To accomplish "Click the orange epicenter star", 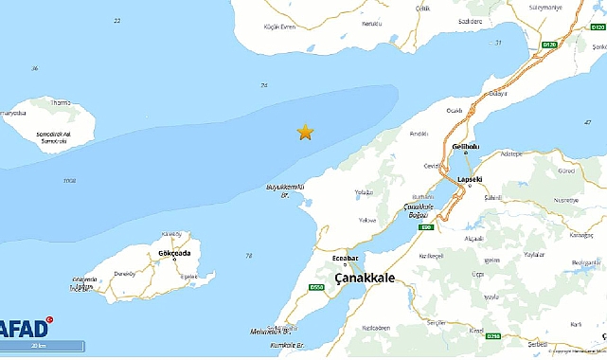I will (305, 132).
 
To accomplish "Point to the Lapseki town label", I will (471, 179).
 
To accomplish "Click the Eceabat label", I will (346, 256).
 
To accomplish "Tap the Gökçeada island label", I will (162, 253).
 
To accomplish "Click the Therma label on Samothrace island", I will (61, 102).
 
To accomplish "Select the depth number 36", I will (35, 68).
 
